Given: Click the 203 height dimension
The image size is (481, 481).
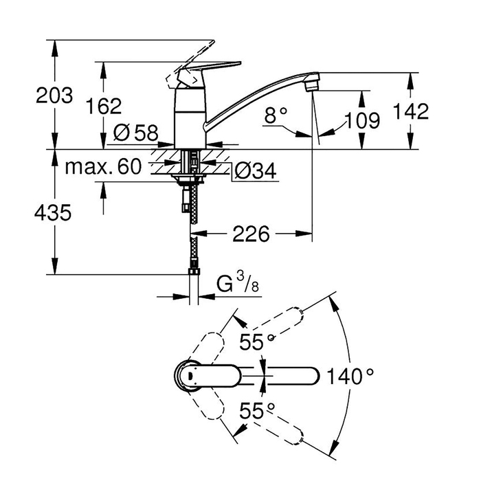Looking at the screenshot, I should click(54, 96).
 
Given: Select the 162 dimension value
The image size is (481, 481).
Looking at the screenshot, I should click(104, 106).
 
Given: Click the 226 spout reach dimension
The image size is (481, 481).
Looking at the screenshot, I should click(249, 235).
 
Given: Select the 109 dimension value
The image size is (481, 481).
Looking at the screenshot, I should click(360, 121).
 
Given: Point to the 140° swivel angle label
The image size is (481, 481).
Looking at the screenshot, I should click(350, 376).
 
